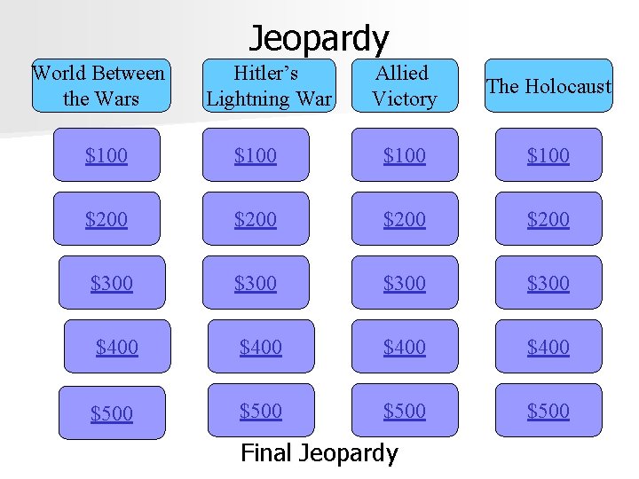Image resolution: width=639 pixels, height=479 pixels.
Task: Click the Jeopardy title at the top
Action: click(x=319, y=38)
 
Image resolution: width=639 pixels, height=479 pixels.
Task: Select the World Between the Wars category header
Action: click(x=99, y=86)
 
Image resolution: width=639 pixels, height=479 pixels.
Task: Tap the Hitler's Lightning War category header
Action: click(x=269, y=86)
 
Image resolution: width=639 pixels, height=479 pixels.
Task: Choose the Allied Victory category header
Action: click(x=404, y=86)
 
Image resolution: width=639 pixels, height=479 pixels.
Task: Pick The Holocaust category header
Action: click(x=549, y=86)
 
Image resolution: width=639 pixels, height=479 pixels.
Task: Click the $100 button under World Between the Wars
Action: click(x=106, y=155)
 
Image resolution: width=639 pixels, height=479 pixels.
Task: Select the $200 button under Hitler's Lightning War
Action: click(x=256, y=219)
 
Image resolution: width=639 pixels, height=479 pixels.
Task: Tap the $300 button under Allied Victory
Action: click(x=405, y=283)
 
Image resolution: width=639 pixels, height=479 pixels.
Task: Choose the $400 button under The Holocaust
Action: click(x=548, y=347)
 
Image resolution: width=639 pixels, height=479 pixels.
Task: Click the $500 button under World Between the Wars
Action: click(x=112, y=412)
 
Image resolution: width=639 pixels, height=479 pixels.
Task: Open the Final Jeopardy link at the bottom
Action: click(x=319, y=453)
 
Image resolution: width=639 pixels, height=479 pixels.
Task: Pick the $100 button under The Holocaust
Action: click(x=548, y=155)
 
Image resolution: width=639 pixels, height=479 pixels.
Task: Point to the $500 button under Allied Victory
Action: click(x=405, y=411)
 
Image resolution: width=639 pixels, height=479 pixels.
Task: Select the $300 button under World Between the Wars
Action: click(x=112, y=283)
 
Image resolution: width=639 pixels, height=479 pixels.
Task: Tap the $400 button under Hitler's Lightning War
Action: click(x=261, y=347)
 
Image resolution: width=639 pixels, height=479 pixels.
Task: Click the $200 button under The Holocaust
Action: click(x=548, y=219)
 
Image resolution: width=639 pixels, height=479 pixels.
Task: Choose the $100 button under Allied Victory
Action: click(x=405, y=155)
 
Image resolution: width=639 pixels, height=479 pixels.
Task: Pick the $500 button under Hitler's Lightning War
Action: click(x=261, y=411)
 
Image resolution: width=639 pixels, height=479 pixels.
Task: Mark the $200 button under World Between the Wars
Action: click(x=106, y=219)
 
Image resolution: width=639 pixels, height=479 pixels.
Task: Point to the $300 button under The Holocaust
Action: click(x=548, y=283)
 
